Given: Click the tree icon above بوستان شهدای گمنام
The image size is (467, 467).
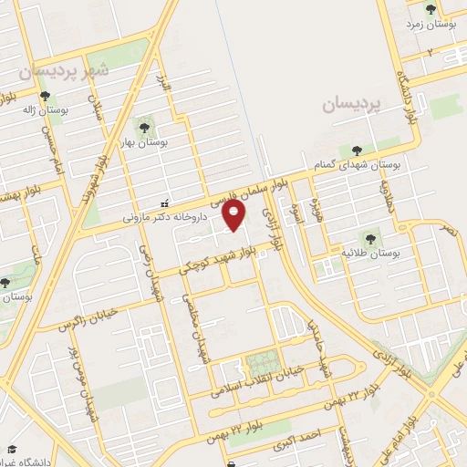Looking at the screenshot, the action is click(x=355, y=151).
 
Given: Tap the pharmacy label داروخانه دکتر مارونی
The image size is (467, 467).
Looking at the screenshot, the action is click(x=165, y=217).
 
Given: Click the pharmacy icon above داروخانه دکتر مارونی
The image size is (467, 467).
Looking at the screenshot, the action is click(x=164, y=202).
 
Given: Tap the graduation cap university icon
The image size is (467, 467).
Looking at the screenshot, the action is click(x=12, y=450).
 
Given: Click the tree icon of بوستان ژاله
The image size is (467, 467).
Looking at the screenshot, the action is click(x=44, y=95).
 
